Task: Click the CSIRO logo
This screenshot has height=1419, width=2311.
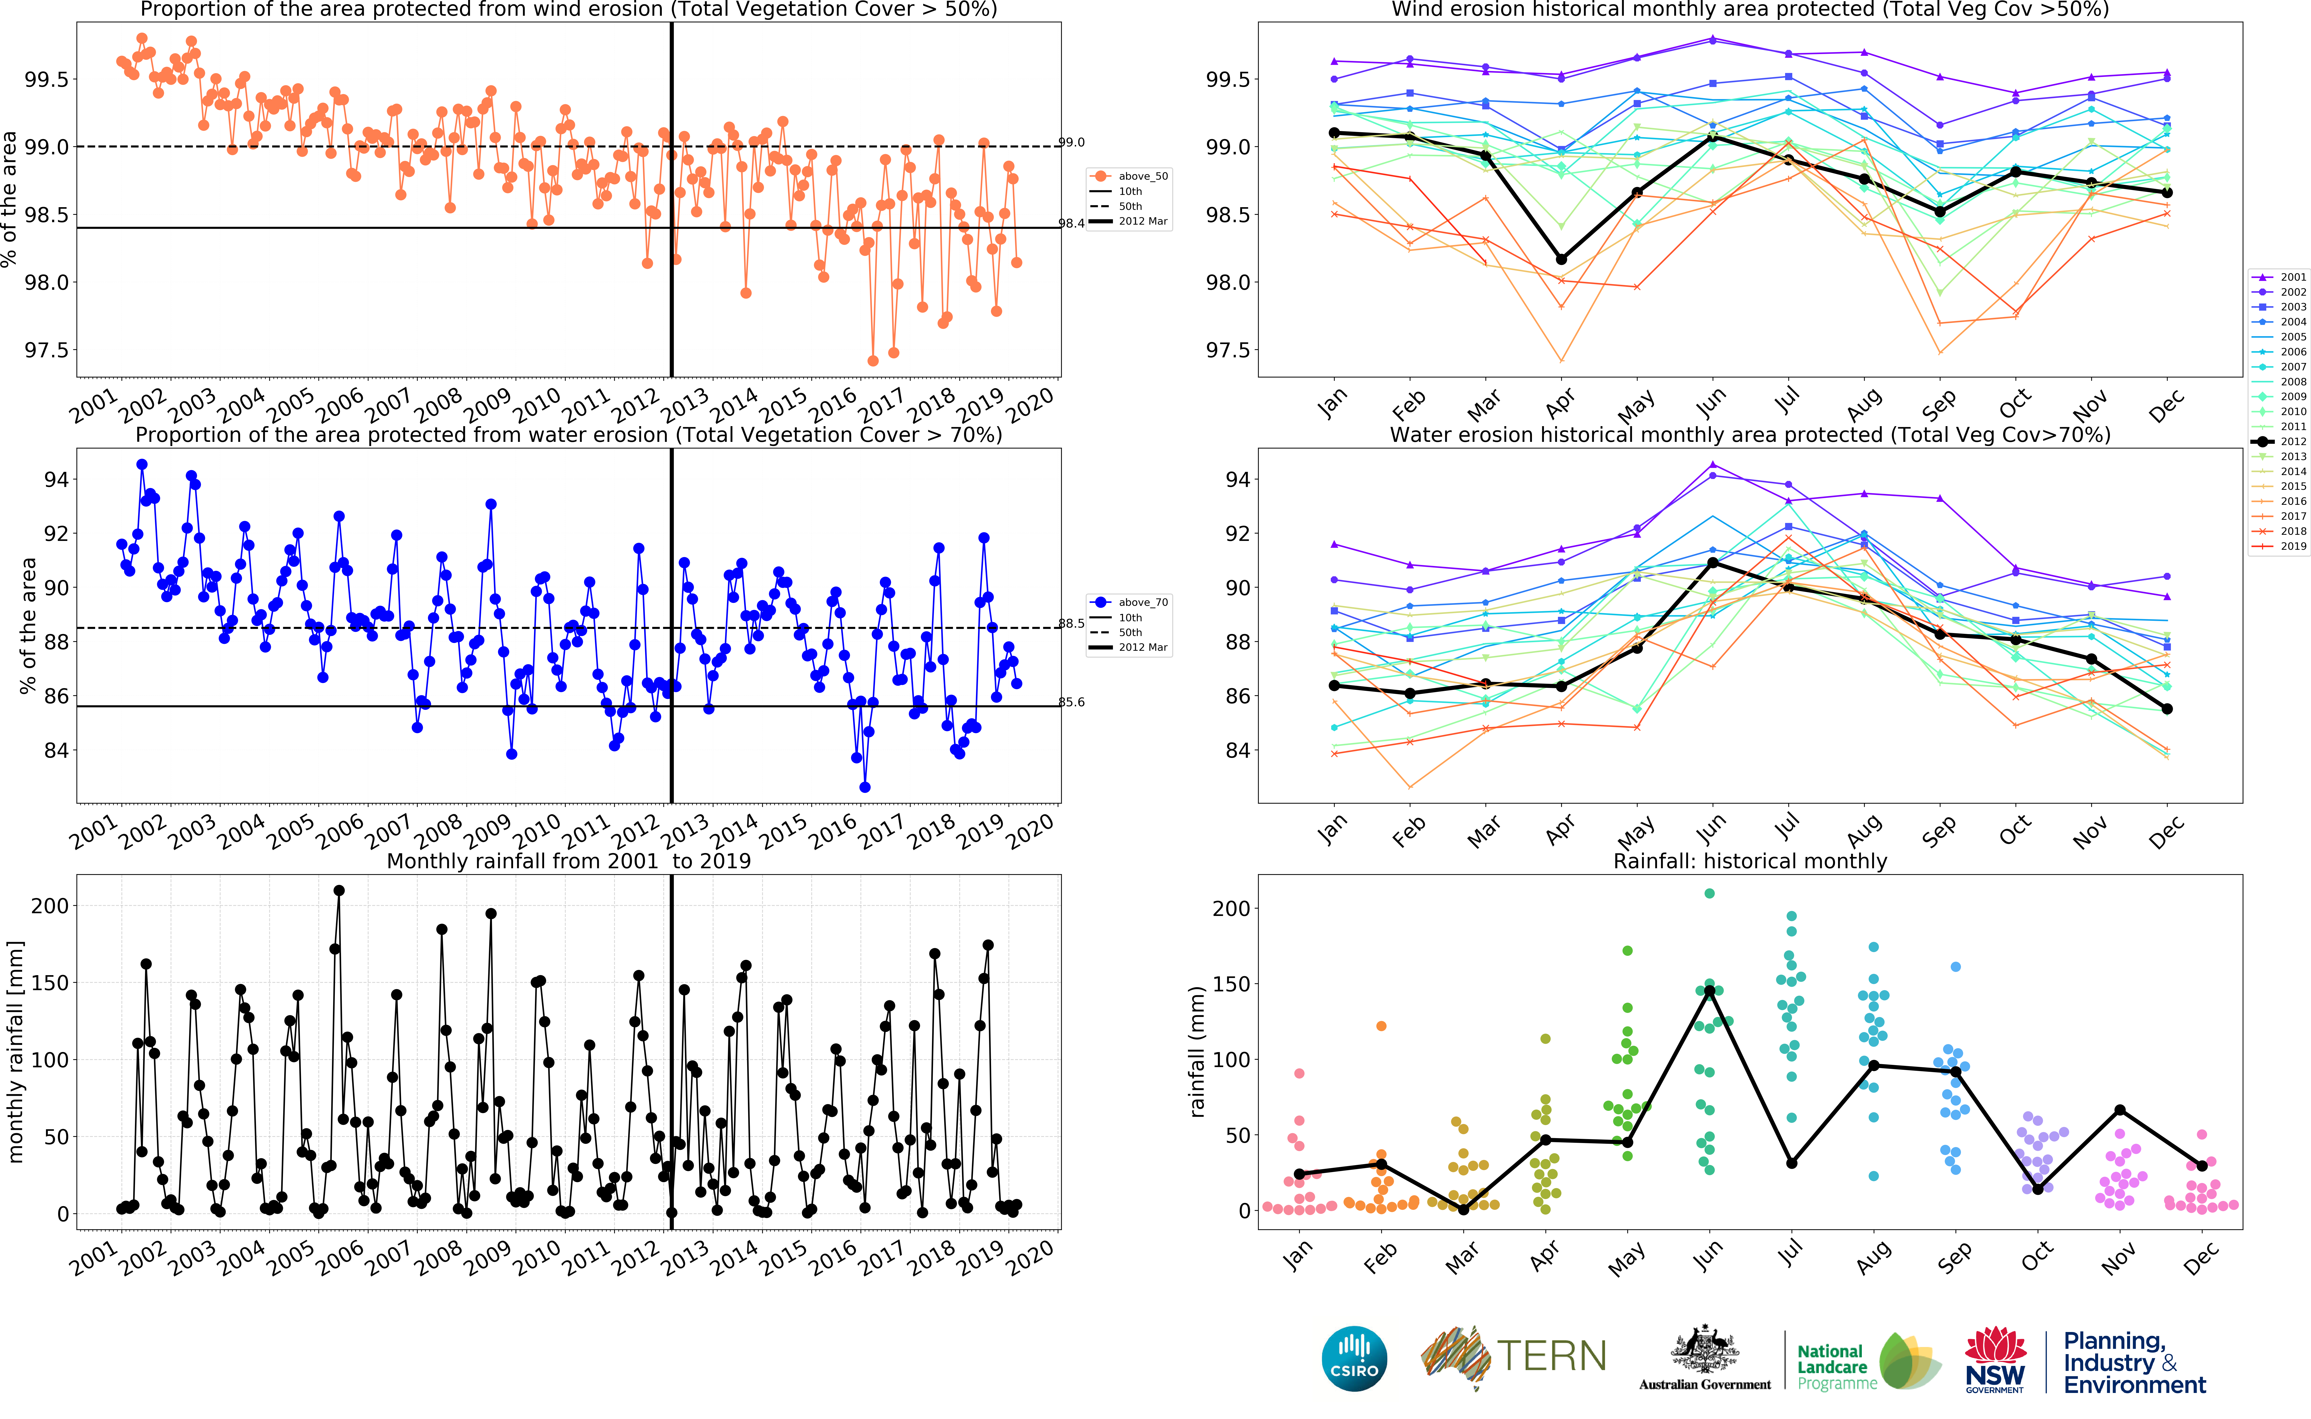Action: [1354, 1359]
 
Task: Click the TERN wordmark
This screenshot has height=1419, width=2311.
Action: [1551, 1356]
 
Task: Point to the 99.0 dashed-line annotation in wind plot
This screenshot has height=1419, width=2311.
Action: [1072, 143]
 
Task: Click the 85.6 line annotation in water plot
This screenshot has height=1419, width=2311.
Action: [1072, 702]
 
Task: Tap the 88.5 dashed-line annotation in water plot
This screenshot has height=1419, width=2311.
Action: [1072, 623]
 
